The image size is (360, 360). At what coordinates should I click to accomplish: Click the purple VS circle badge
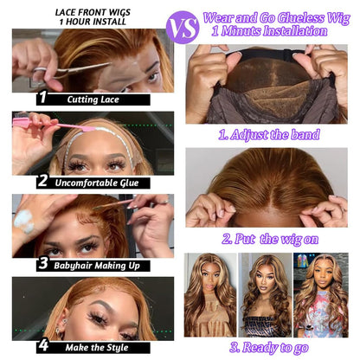click(183, 28)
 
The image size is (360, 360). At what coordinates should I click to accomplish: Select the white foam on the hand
click(24, 221)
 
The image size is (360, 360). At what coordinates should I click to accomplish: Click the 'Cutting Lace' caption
click(93, 100)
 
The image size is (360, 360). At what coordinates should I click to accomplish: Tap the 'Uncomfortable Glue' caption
click(97, 183)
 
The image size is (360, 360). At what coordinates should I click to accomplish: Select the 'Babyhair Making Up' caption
click(97, 266)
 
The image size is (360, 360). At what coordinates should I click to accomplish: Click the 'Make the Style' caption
click(97, 348)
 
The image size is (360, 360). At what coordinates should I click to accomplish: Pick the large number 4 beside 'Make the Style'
click(43, 345)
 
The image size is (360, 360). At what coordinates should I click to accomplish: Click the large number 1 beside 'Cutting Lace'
click(43, 97)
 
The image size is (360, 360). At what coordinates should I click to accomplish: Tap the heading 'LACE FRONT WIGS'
click(93, 12)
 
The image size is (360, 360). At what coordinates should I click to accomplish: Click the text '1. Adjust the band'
click(269, 135)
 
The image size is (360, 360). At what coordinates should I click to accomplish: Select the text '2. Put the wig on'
click(270, 239)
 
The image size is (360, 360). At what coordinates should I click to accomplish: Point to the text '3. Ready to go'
click(269, 348)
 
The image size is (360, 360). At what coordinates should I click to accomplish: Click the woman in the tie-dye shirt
click(321, 295)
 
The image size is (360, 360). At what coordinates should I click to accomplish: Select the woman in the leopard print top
click(266, 295)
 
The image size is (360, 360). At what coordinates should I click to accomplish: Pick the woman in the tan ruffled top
click(210, 295)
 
